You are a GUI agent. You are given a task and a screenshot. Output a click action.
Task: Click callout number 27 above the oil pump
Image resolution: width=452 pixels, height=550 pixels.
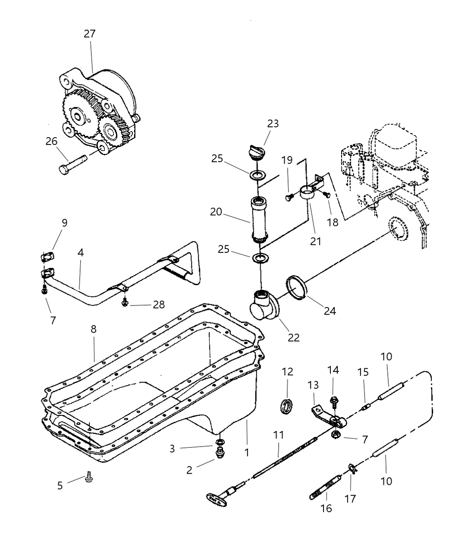pos(90,34)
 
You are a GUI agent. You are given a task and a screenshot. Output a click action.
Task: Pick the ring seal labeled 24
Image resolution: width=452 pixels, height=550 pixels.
pos(296,287)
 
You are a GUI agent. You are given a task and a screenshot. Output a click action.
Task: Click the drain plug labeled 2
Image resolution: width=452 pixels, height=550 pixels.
pos(220,453)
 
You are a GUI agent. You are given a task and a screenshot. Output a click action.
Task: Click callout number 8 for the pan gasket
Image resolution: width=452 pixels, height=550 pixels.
pos(93,329)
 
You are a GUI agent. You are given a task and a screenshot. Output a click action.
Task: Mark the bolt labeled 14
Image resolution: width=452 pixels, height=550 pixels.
pos(333,402)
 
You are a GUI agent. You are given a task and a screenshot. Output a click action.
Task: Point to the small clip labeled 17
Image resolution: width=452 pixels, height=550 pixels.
pos(352,469)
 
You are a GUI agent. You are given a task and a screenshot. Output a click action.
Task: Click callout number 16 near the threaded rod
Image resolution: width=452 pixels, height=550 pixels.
pos(326,508)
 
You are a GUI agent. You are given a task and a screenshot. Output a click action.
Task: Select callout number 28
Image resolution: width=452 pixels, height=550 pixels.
pos(159,304)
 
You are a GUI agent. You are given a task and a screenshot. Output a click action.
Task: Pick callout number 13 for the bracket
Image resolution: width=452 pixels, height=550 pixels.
pos(313,385)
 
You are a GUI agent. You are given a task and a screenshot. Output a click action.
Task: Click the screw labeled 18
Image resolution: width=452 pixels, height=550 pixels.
pos(327,195)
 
